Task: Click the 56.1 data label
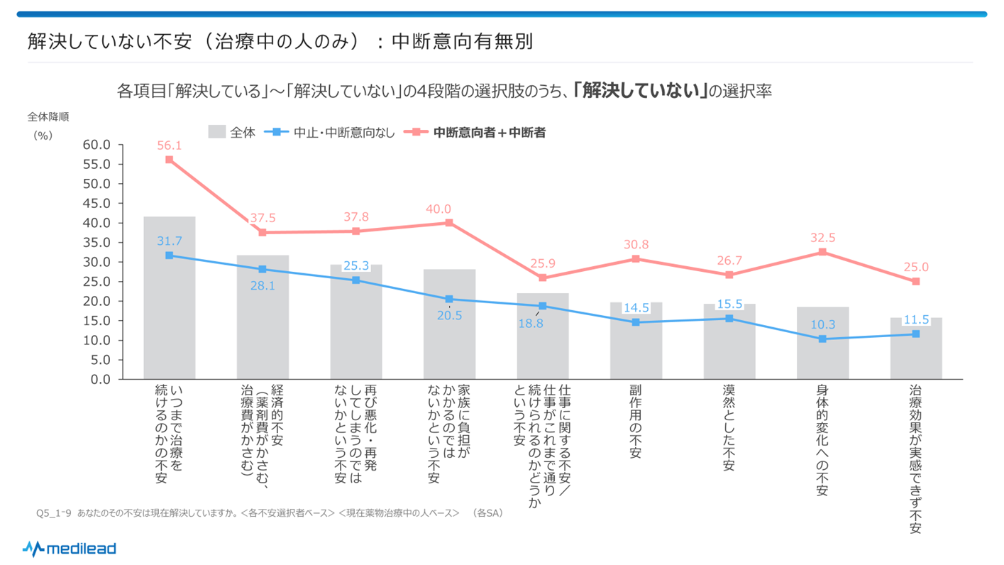tap(169, 146)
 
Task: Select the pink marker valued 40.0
tap(449, 223)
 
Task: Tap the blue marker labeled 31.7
tap(169, 255)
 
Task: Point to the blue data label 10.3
tap(822, 325)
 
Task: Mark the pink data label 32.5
tap(822, 238)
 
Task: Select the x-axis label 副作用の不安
tap(636, 422)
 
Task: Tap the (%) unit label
tap(43, 136)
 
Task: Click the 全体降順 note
tap(48, 117)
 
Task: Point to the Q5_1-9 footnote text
tap(269, 512)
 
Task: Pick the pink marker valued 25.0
tap(916, 282)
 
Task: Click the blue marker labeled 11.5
tap(916, 334)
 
